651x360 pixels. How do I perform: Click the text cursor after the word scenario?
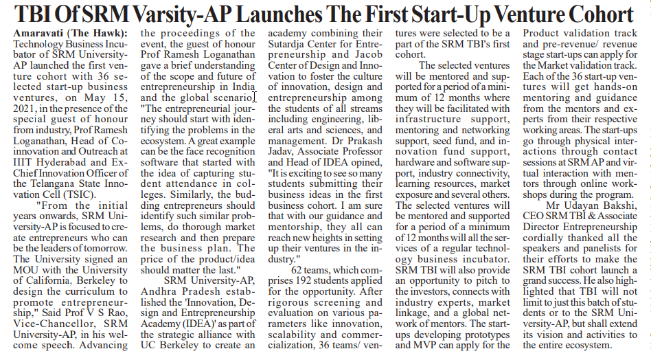tap(255, 97)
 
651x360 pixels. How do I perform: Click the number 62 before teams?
tap(300, 270)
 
